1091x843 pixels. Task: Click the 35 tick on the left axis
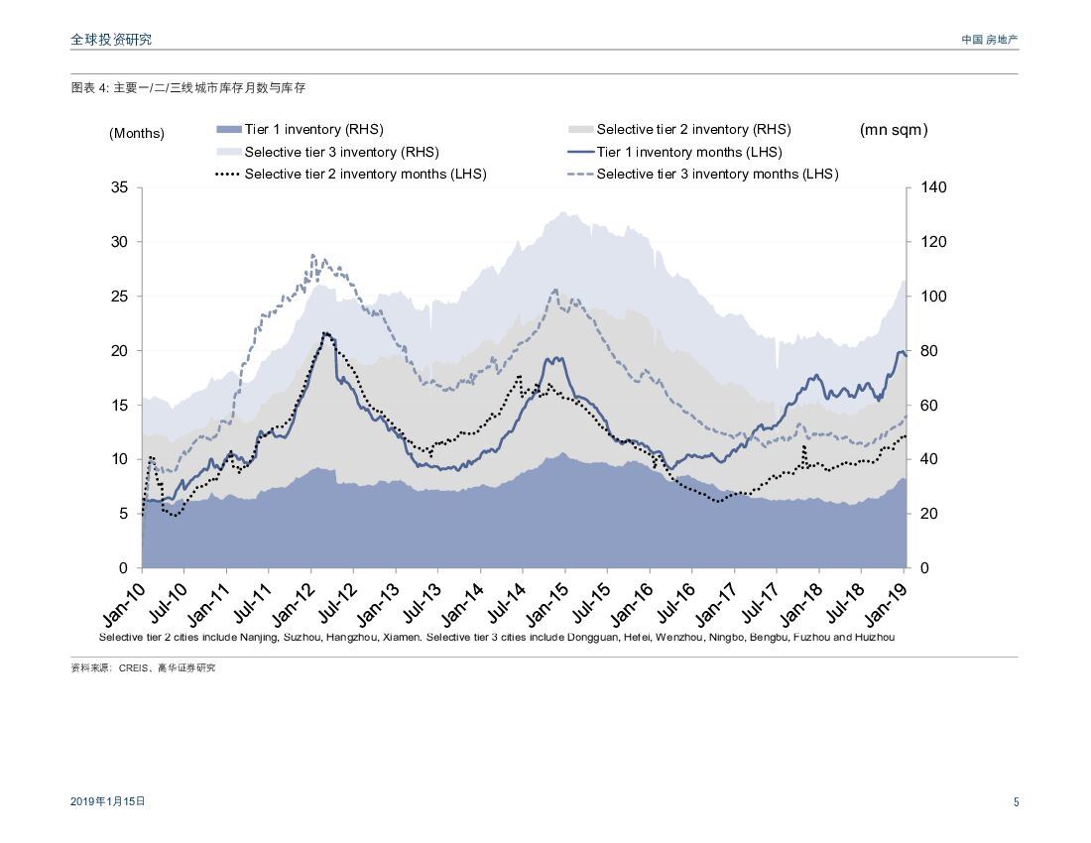point(122,187)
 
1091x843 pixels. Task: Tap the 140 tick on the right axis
point(934,187)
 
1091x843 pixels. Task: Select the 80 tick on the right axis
point(930,351)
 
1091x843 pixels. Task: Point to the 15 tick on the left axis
point(122,406)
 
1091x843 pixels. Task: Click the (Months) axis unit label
point(137,133)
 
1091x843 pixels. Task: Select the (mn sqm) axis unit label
point(894,130)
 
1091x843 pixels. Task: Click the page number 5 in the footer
point(1016,802)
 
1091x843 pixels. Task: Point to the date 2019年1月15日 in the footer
point(108,801)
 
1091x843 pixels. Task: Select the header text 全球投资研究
point(111,40)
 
